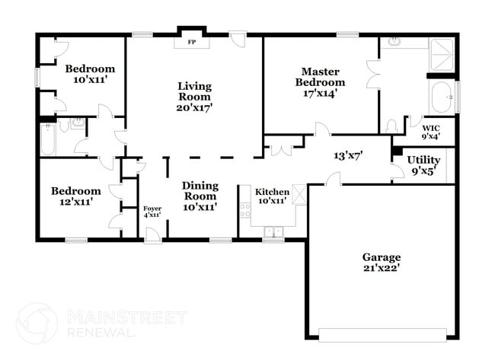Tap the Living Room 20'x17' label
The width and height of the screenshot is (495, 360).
(x=194, y=97)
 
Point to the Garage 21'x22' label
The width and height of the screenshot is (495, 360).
(x=381, y=263)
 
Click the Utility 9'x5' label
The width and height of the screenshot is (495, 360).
(x=423, y=165)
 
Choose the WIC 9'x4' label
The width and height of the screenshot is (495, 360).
(x=431, y=132)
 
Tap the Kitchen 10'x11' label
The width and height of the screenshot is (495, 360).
(x=272, y=196)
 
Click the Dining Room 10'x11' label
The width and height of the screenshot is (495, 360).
(x=200, y=196)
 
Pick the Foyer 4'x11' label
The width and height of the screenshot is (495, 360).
(x=152, y=212)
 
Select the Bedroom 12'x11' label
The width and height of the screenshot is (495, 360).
(x=75, y=196)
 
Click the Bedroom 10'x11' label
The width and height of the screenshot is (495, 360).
(x=89, y=73)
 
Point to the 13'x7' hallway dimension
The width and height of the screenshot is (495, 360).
(x=347, y=155)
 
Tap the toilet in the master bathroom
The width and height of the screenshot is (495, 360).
(x=391, y=126)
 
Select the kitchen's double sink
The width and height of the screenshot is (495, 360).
(x=272, y=231)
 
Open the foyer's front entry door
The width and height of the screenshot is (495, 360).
(x=153, y=235)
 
